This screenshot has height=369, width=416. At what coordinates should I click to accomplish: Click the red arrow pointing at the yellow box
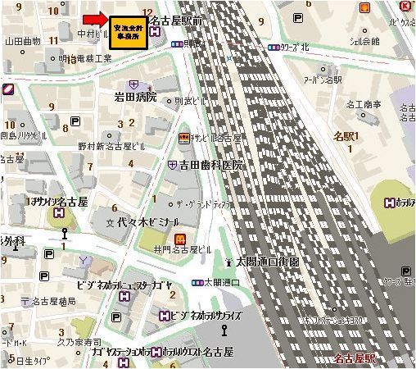tap(96, 18)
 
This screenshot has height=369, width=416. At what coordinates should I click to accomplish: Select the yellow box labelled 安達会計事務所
tap(129, 33)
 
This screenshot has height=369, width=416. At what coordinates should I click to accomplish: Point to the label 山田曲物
tap(24, 40)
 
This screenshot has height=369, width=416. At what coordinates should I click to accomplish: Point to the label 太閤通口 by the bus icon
tap(221, 282)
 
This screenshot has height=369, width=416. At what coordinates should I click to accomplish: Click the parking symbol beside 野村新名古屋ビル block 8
tap(75, 121)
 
